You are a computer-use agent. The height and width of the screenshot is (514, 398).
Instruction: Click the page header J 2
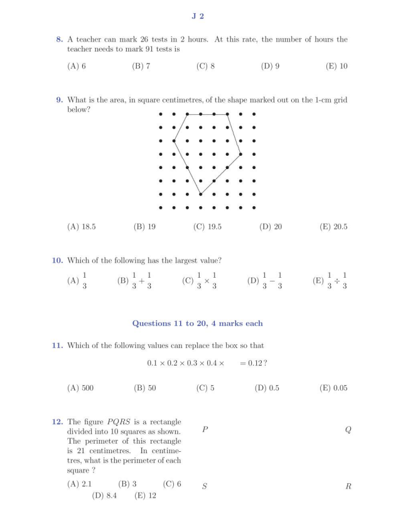click(198, 16)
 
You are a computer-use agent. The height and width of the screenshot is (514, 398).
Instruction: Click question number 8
click(60, 40)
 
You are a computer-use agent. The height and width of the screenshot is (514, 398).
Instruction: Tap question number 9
click(60, 99)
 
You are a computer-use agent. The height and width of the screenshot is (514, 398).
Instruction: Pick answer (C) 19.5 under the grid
click(207, 226)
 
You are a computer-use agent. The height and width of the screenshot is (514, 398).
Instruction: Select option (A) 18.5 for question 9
click(81, 226)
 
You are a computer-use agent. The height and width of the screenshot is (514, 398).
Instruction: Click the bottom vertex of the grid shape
click(201, 194)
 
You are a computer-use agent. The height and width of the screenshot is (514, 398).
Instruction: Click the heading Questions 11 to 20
click(197, 323)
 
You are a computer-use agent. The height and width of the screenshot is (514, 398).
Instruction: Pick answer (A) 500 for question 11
click(80, 388)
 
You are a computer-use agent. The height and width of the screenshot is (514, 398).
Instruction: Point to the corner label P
click(205, 430)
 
